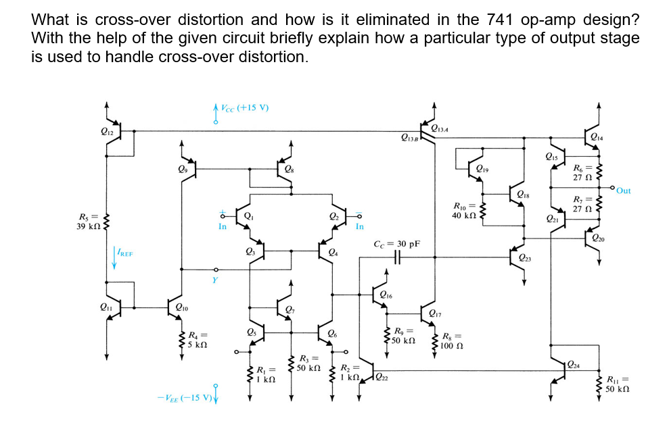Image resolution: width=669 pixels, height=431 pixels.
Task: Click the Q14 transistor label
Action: click(x=596, y=137)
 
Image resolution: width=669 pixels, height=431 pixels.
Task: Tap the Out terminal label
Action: click(x=623, y=191)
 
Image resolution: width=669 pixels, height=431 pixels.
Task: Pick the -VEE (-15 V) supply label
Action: click(x=185, y=396)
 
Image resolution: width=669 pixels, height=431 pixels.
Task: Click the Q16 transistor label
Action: click(x=386, y=294)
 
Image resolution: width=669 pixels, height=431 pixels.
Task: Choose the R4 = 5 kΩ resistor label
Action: click(x=198, y=338)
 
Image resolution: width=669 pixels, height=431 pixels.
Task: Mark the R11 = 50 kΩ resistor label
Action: click(x=619, y=384)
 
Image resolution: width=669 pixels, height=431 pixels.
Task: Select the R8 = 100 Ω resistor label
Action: click(x=452, y=341)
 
